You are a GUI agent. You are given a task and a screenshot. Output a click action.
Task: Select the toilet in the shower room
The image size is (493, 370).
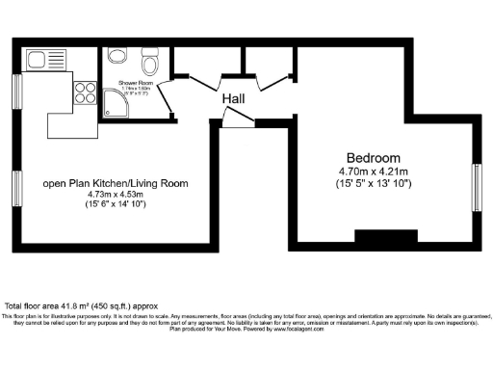(148, 64)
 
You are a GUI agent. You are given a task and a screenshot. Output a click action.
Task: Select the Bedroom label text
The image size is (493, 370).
(374, 158)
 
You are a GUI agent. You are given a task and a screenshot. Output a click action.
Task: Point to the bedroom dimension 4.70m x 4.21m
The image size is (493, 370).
(374, 172)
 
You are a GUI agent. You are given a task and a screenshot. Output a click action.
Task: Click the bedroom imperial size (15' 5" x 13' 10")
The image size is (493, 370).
(374, 183)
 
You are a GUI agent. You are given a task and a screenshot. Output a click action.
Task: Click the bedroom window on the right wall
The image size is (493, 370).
(476, 188)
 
